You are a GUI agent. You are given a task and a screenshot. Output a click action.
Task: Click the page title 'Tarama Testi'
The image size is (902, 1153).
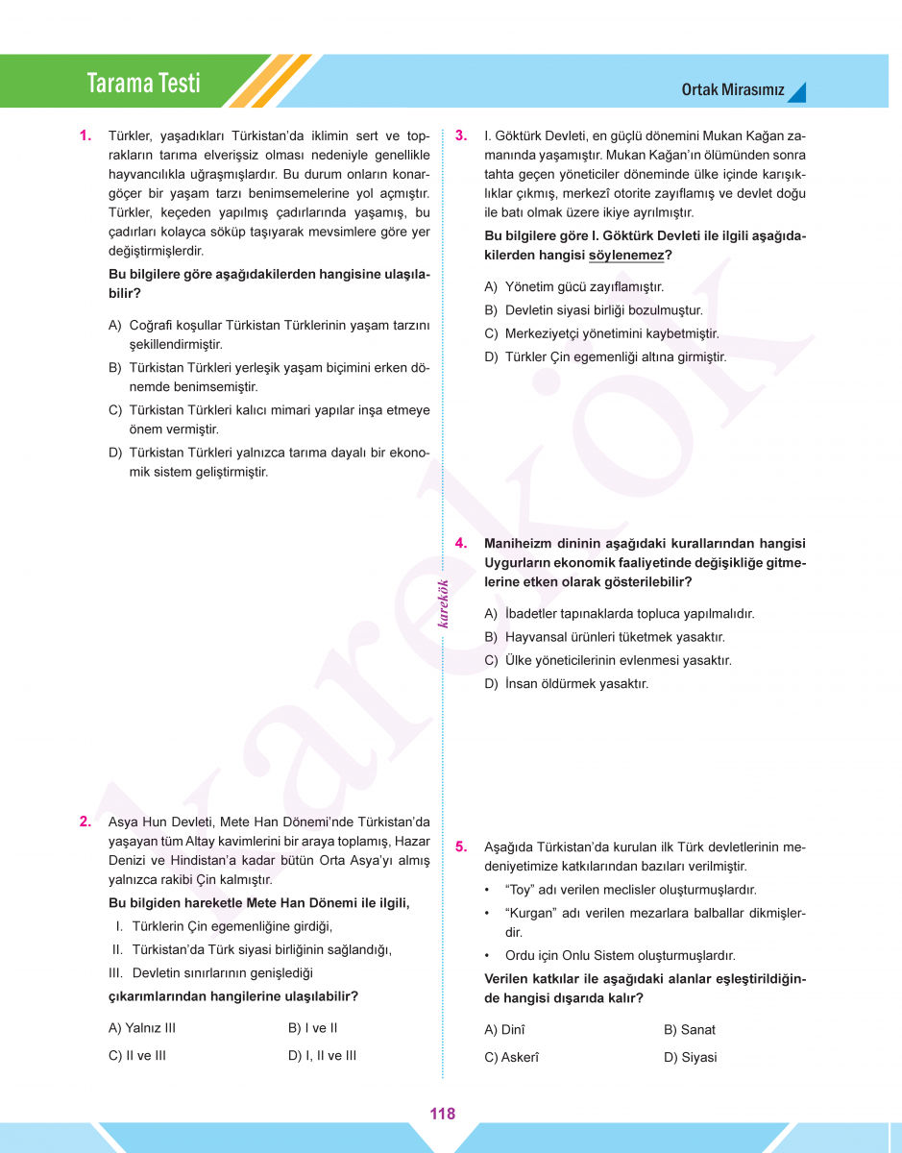pyautogui.click(x=143, y=84)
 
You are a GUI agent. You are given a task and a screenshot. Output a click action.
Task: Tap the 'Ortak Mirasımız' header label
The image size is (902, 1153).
pyautogui.click(x=733, y=91)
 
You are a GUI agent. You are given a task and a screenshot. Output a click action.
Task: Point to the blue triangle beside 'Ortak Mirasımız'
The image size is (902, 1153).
pyautogui.click(x=797, y=92)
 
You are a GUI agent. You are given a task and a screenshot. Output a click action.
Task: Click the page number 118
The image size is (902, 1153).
pyautogui.click(x=443, y=1114)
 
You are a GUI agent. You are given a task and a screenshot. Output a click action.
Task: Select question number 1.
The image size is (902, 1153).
pyautogui.click(x=85, y=135)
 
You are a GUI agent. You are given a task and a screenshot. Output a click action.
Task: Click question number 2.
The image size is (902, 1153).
pyautogui.click(x=85, y=822)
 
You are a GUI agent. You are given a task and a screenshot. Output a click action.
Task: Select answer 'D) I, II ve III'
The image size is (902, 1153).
pyautogui.click(x=322, y=1055)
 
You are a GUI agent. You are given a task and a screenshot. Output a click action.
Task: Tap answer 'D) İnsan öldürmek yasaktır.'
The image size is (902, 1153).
pyautogui.click(x=566, y=684)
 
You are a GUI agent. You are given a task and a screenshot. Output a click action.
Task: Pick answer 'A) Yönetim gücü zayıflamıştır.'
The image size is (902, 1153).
pyautogui.click(x=573, y=286)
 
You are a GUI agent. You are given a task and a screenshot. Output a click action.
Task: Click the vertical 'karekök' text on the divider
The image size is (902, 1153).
pyautogui.click(x=443, y=604)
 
